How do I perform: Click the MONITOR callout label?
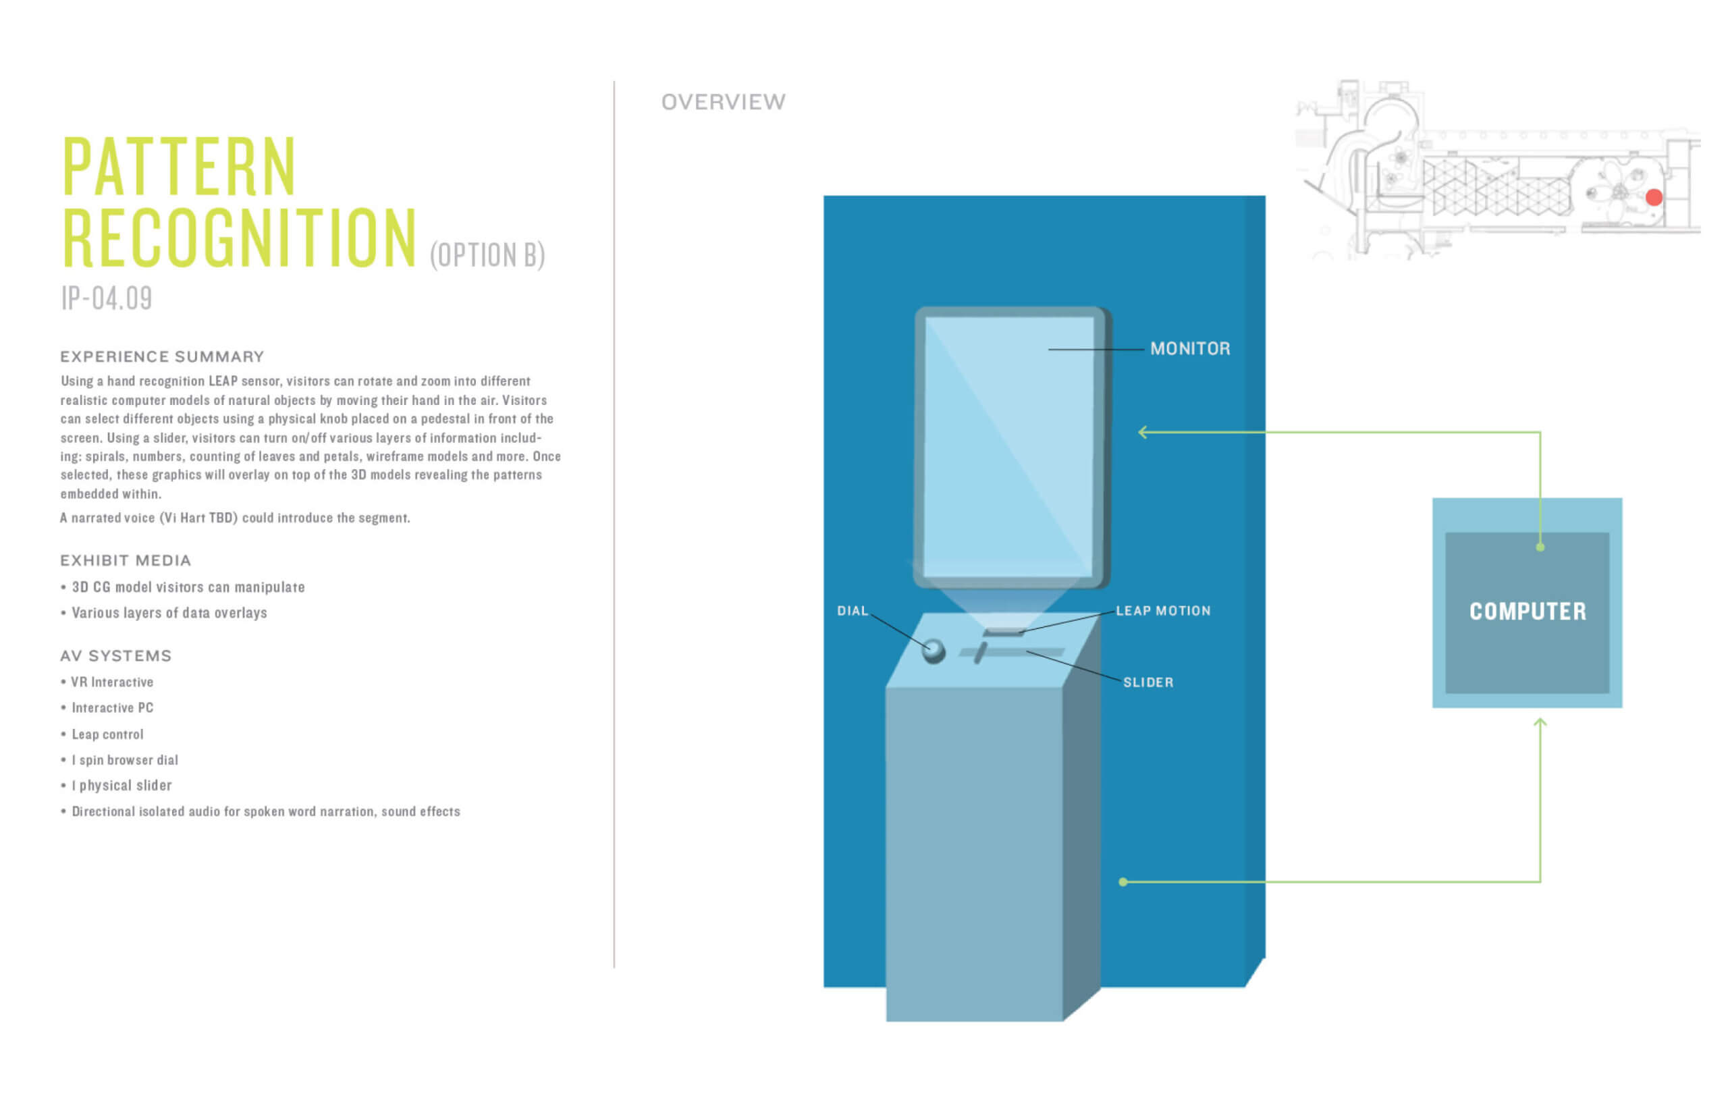coord(1189,348)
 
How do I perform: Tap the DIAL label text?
coord(851,610)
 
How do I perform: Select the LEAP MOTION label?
coord(1162,610)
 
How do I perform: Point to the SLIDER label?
coord(1147,682)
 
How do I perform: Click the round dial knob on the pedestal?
coord(933,651)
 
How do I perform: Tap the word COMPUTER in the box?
coord(1528,612)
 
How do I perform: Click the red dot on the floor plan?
coord(1654,197)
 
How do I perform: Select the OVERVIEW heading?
coord(723,102)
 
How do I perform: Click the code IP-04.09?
coord(106,298)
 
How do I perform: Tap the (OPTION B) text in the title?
coord(487,255)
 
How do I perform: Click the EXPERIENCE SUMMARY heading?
coord(161,356)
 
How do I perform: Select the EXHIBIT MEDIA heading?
coord(126,560)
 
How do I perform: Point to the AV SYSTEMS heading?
coord(115,656)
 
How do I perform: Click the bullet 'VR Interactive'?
coord(111,682)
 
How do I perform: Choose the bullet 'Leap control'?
coord(107,734)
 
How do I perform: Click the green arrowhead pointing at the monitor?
coord(1142,432)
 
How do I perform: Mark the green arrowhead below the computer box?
coord(1540,722)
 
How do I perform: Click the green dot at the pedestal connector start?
coord(1123,882)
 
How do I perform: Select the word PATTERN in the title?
coord(179,167)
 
